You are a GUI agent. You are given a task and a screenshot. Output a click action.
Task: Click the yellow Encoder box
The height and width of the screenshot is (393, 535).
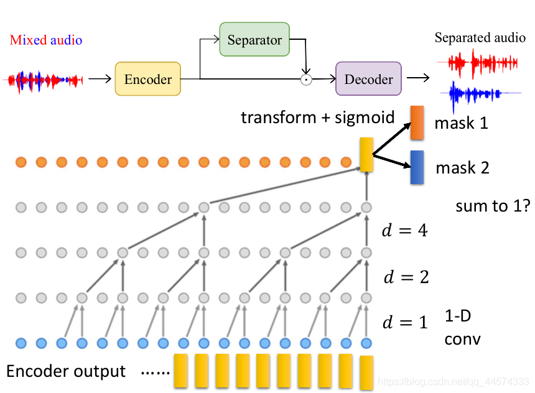(x=147, y=79)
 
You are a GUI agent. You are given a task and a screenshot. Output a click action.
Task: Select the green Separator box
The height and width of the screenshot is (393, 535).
(x=254, y=39)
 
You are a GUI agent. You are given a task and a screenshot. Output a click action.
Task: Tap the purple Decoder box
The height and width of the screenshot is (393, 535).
(x=368, y=78)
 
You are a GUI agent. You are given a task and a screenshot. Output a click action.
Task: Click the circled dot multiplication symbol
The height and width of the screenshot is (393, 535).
(x=306, y=80)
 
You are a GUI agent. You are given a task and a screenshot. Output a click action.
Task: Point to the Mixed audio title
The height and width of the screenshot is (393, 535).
(x=45, y=40)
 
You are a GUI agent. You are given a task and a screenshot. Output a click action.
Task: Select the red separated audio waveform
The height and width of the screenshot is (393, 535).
(x=477, y=63)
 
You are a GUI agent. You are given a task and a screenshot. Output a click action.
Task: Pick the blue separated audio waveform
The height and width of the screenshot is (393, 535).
(x=481, y=94)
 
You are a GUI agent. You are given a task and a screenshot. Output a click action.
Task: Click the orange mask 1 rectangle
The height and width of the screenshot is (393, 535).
(x=417, y=123)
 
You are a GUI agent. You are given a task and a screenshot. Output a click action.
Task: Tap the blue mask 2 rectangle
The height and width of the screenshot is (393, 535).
(x=417, y=167)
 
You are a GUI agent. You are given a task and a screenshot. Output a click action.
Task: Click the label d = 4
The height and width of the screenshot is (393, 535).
(x=404, y=230)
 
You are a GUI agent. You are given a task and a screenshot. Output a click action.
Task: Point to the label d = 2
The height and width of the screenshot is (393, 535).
(x=406, y=277)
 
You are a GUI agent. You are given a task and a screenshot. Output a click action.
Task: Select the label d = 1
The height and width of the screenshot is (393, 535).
(x=405, y=322)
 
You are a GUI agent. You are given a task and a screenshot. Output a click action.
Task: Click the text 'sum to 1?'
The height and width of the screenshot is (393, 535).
(x=493, y=206)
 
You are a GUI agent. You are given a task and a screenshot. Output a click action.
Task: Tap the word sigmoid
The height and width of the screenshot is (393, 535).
(x=365, y=118)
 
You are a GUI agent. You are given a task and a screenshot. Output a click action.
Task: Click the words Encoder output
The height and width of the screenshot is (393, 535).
(x=66, y=371)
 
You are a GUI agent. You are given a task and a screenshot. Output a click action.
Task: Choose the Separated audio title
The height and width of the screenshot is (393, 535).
(x=480, y=37)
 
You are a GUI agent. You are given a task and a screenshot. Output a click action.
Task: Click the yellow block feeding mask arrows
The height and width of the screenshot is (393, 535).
(x=366, y=155)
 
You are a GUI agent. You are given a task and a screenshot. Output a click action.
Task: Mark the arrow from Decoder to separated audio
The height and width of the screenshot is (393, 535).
(x=418, y=78)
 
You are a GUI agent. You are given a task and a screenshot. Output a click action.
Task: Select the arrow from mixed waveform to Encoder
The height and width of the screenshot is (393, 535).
(x=100, y=79)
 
